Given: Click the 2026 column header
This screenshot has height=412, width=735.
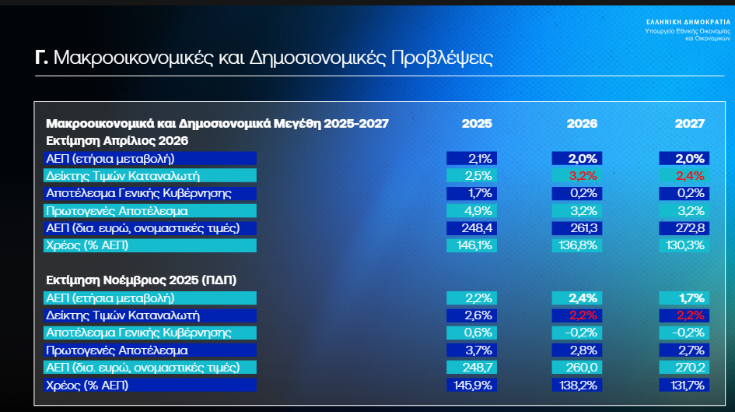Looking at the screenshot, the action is (x=582, y=123).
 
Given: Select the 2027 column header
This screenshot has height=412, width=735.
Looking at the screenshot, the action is (x=690, y=123).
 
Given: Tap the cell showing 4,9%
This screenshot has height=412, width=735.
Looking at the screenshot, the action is (x=471, y=211).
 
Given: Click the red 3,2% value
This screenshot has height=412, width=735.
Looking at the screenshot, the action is (x=577, y=176).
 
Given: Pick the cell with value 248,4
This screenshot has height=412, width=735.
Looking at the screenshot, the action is (x=471, y=228).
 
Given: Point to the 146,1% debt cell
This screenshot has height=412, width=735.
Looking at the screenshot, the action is (x=471, y=245).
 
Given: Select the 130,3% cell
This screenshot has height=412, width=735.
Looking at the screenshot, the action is (x=684, y=245).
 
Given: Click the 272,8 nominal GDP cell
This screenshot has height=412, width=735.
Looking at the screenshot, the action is (x=684, y=228).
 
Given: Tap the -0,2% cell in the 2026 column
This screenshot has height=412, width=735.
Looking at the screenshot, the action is (x=577, y=333).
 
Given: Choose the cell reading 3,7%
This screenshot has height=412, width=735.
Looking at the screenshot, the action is (x=471, y=350).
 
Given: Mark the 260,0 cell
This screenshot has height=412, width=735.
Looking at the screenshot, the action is (x=577, y=368).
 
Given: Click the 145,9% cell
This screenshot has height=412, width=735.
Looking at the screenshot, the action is (x=471, y=386).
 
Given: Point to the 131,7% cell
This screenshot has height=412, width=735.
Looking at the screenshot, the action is (x=684, y=386).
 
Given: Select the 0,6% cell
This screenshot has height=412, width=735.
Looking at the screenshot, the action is (x=471, y=333).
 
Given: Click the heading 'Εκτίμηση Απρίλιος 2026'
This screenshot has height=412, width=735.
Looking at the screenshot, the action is (x=117, y=141).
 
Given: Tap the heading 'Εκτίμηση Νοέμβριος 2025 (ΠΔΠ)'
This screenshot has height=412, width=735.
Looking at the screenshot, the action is (x=141, y=280).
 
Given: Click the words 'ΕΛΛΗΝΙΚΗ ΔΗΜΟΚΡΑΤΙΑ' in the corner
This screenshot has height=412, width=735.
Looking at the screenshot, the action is (x=688, y=22).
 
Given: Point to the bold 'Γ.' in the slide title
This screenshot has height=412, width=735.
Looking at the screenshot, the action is (x=41, y=58).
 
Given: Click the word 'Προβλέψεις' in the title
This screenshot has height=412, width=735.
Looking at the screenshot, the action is (x=442, y=58).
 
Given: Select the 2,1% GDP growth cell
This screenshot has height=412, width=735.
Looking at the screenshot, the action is (x=471, y=159).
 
